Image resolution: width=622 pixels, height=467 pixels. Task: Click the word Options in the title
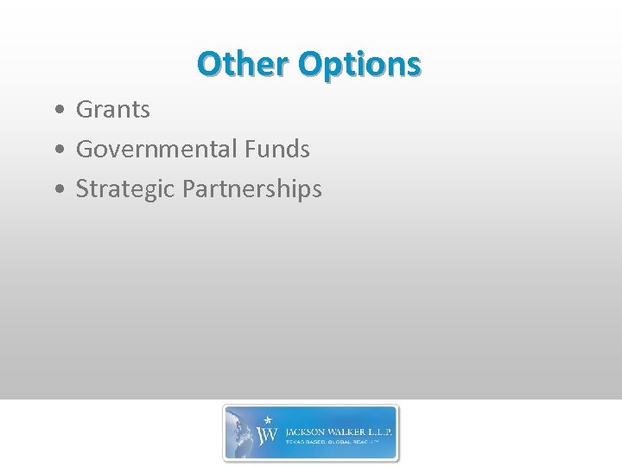click(359, 64)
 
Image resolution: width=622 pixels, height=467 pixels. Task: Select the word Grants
click(113, 110)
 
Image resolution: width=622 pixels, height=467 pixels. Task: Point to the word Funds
click(276, 150)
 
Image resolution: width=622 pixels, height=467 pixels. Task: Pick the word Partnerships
click(252, 189)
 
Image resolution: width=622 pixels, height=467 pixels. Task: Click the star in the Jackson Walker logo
click(267, 419)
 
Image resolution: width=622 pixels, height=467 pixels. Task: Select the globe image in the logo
click(242, 432)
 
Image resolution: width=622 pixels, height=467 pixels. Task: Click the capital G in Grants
click(85, 110)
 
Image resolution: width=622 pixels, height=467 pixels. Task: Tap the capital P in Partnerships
click(189, 189)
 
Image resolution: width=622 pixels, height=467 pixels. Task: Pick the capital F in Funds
click(250, 150)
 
